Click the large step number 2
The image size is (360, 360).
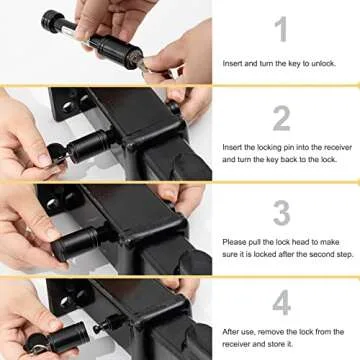pos(282,117)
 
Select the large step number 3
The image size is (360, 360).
pos(282,211)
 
